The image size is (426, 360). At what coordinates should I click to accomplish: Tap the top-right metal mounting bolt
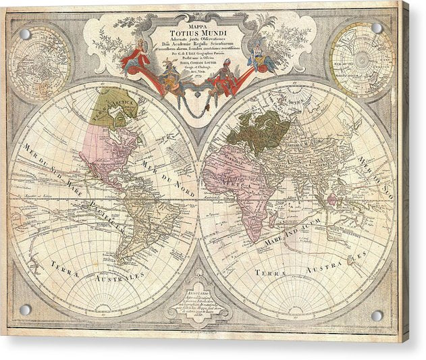click(x=377, y=28)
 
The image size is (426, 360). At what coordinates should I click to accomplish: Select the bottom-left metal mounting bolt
click(x=26, y=310)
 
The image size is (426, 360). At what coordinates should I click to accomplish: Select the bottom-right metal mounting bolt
click(x=377, y=315)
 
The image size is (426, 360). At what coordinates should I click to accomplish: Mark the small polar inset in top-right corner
click(x=361, y=60)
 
